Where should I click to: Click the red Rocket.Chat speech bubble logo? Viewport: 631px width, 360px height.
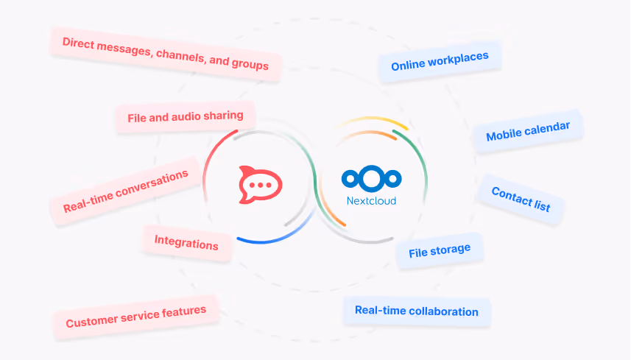(x=259, y=185)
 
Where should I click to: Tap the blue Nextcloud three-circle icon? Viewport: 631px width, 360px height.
(x=371, y=178)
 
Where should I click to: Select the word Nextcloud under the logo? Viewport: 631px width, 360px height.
(x=371, y=200)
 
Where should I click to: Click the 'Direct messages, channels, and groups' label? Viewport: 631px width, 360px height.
(x=165, y=54)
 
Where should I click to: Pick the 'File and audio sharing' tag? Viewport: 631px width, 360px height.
(x=185, y=116)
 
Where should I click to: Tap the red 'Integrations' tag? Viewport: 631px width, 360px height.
(x=186, y=242)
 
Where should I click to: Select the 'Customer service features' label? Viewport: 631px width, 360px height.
(x=135, y=317)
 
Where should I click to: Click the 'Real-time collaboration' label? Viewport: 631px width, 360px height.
(x=416, y=311)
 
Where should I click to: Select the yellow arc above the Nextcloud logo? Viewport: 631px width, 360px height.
(x=368, y=121)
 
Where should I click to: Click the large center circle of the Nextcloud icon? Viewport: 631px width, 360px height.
(x=372, y=178)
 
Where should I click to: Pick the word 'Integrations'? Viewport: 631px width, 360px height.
(x=186, y=242)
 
